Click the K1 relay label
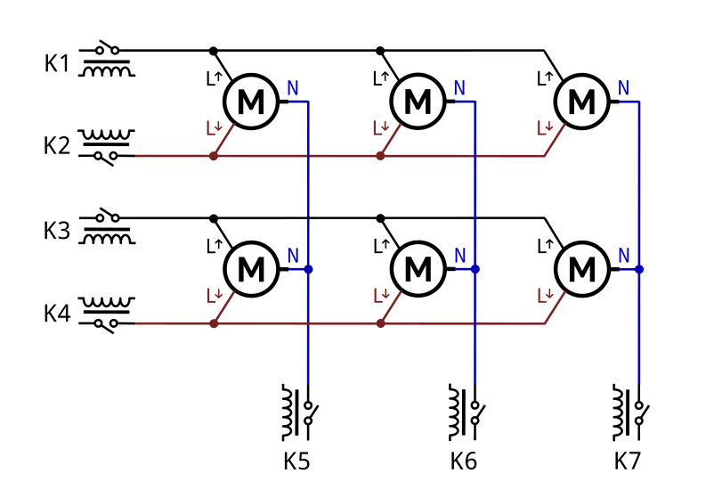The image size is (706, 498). coord(57,63)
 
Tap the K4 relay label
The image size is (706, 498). coord(57,314)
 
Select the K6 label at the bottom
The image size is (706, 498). coord(463,461)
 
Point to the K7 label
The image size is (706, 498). coord(627,461)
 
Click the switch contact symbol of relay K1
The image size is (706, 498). coord(107,48)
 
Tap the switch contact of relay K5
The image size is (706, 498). coord(310,412)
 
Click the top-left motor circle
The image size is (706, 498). coord(251,102)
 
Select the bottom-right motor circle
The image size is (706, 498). coord(582,269)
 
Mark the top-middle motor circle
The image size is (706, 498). coord(418,102)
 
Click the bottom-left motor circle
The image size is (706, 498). coord(251,269)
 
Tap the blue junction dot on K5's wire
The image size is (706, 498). coord(308,269)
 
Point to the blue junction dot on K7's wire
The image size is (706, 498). coord(639,269)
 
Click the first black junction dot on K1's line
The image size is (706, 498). coord(214,51)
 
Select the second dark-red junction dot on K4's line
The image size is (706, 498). coord(380,323)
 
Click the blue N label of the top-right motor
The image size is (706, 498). coord(623,88)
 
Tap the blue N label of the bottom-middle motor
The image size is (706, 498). coord(459,256)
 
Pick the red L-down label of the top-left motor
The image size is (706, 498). coord(215,128)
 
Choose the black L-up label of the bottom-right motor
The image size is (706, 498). coord(545,246)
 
